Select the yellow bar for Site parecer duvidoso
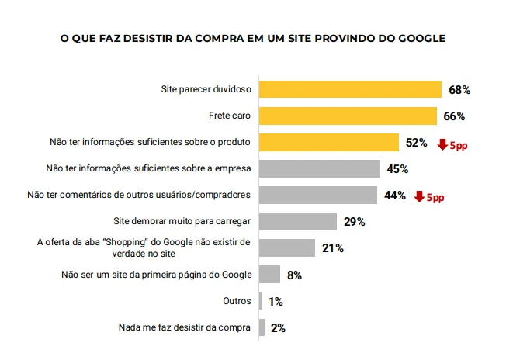(349, 90)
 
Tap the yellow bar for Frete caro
(347, 116)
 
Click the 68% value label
(459, 90)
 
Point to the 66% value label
(454, 116)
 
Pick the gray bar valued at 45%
(319, 169)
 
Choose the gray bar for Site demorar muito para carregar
(297, 222)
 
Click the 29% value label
(355, 222)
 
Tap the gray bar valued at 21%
(286, 248)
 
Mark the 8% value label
(294, 275)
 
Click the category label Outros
(237, 301)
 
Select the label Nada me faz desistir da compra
(185, 327)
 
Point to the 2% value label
(278, 328)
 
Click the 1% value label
(275, 301)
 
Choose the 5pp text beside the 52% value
(459, 144)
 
